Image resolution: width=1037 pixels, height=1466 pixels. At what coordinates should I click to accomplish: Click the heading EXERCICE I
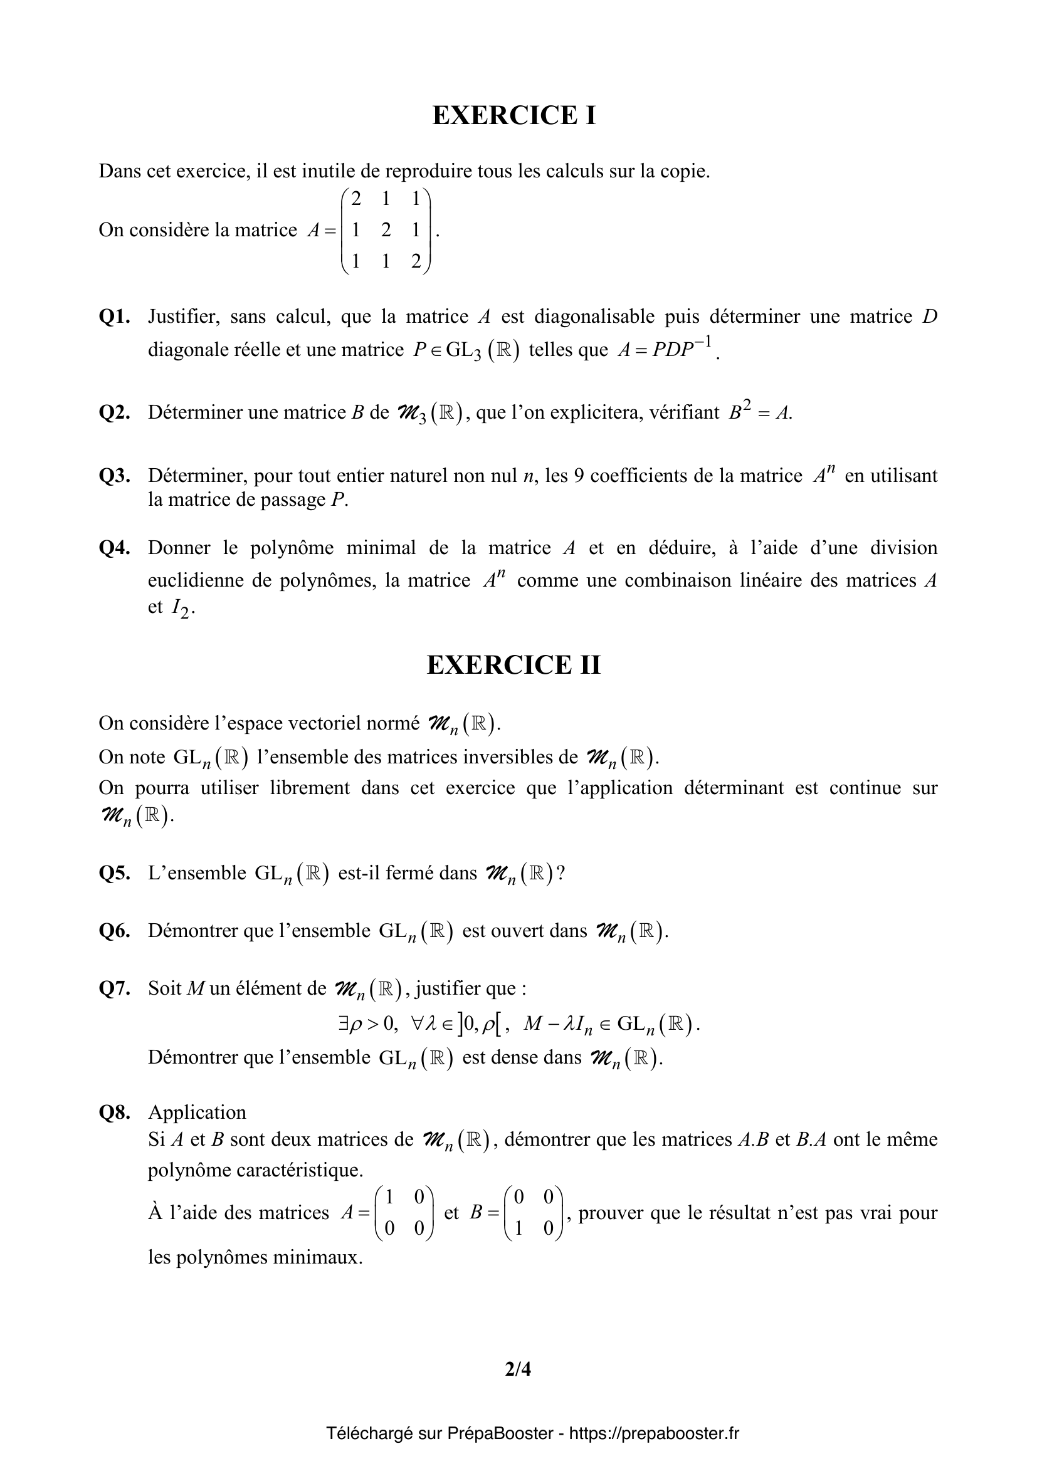514,115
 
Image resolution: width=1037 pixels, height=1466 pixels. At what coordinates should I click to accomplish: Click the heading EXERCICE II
514,666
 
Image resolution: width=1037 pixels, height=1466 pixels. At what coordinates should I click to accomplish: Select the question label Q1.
114,317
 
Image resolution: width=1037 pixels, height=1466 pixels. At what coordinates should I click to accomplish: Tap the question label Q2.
114,412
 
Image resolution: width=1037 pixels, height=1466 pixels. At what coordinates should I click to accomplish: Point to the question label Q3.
114,476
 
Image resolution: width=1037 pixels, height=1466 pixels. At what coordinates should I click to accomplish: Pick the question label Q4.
114,548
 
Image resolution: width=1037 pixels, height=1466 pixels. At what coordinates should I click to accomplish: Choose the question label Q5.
114,873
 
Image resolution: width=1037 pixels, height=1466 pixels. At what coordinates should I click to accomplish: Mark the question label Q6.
114,931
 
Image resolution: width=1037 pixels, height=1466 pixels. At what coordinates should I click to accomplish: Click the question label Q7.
114,988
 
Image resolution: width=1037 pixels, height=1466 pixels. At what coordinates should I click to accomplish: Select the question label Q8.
114,1113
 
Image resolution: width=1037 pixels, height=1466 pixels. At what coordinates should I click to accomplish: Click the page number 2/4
518,1369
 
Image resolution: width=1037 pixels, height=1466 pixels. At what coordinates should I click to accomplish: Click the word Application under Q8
197,1113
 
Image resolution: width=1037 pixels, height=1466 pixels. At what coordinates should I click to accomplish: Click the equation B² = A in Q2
760,412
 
